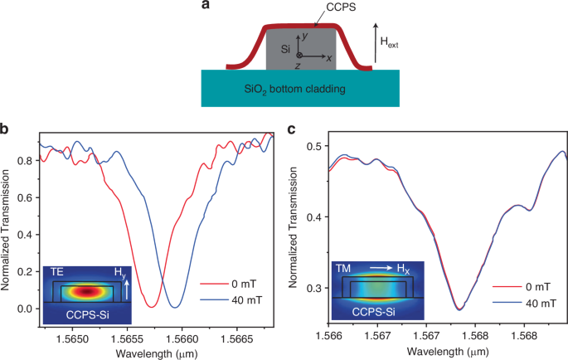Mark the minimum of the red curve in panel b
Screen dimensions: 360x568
(152, 307)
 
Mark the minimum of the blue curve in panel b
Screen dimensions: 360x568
(175, 307)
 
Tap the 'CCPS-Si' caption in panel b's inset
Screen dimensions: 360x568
(80, 314)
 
